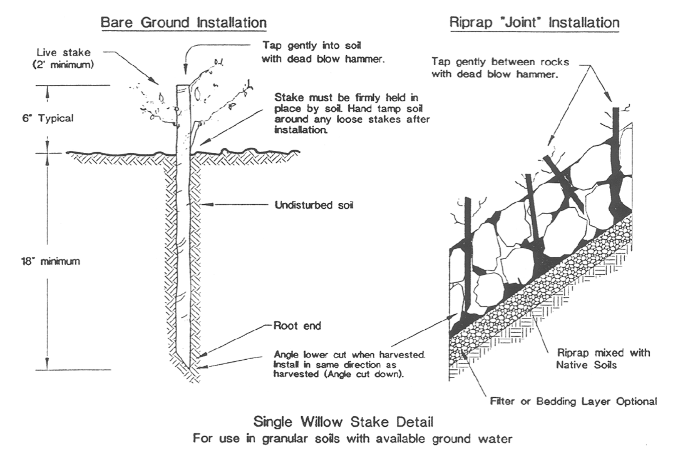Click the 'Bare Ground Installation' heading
[184, 23]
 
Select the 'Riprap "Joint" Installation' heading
[534, 23]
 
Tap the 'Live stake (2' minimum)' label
[64, 58]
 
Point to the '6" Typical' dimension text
[48, 118]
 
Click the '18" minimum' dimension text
[51, 261]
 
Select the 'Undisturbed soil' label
[314, 205]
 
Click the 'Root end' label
[297, 326]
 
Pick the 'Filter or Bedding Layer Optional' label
[574, 401]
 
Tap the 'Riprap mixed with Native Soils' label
[603, 358]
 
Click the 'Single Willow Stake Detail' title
[343, 422]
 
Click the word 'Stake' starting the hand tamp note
[289, 97]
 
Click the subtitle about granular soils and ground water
[353, 439]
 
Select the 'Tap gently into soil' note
[312, 45]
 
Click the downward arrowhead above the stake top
[185, 69]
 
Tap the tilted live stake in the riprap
[563, 185]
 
